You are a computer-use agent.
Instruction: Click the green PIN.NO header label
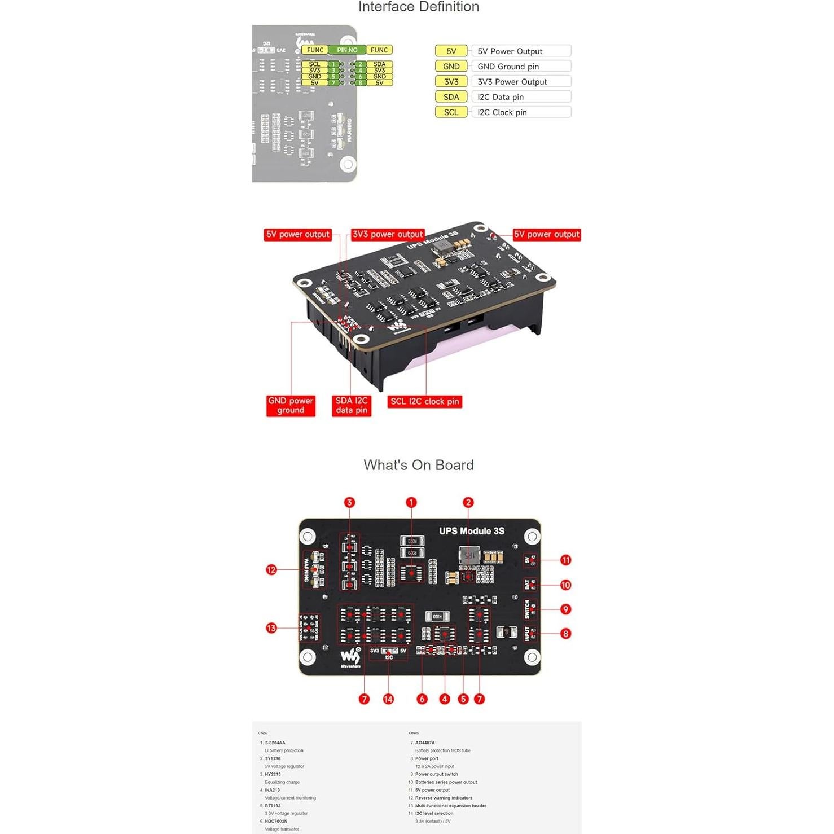(347, 50)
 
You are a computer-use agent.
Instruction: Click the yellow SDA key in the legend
(451, 97)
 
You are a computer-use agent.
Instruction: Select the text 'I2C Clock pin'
(502, 112)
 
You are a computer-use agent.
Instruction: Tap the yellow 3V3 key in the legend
(451, 82)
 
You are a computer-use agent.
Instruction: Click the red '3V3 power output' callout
(388, 234)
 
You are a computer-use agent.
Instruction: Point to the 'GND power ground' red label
(291, 405)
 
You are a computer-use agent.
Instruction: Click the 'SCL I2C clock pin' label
(424, 401)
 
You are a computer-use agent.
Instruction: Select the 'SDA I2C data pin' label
(352, 405)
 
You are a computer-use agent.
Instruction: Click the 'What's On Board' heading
(418, 465)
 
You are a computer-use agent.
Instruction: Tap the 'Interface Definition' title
(418, 7)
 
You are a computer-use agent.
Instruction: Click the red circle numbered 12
(271, 570)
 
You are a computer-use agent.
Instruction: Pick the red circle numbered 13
(271, 628)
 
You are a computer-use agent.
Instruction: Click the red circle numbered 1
(411, 502)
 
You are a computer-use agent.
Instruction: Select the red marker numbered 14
(388, 699)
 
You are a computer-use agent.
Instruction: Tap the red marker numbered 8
(565, 634)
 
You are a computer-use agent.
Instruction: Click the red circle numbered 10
(565, 585)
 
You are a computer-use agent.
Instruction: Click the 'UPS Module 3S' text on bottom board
(472, 531)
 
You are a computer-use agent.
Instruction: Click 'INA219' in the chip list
(273, 790)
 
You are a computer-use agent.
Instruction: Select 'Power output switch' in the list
(437, 774)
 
